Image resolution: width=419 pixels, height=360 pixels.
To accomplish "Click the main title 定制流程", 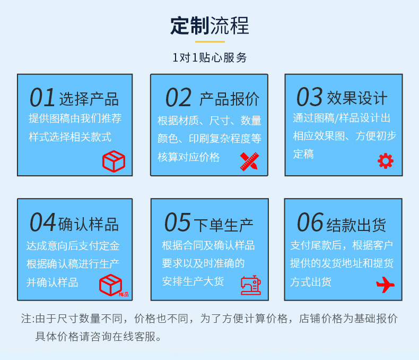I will point(210,25).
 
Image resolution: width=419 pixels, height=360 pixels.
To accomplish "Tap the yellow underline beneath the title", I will point(210,41).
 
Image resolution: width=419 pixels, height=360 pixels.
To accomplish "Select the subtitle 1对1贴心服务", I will point(210,58).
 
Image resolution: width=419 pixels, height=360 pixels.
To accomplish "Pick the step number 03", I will point(309,97).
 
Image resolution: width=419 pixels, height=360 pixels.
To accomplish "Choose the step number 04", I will point(42,222).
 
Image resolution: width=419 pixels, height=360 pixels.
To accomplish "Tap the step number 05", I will point(177,222).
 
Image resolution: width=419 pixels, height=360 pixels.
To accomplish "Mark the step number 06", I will point(310,222).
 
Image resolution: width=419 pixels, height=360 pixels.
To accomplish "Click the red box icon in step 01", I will point(114,161).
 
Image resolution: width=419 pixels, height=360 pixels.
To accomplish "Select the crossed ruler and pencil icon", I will point(249,161).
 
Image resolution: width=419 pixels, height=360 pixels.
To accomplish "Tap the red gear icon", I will point(386,161).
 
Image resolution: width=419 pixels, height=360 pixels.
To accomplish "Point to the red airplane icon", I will point(385,285).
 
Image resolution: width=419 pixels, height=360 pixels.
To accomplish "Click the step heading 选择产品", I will point(89,99).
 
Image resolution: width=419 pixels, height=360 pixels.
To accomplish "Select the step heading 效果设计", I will point(357,98).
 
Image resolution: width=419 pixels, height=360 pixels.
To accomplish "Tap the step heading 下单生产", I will point(223,224).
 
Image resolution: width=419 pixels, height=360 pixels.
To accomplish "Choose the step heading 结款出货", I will point(356,224).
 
